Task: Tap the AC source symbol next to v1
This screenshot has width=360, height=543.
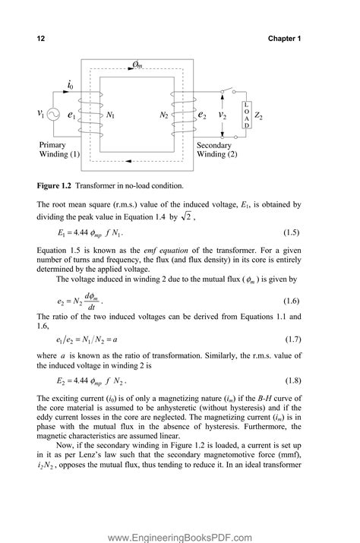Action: (55, 114)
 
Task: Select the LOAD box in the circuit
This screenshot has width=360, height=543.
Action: (246, 115)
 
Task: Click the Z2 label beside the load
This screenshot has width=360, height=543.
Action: (261, 115)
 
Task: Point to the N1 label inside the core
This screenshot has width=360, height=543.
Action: (111, 115)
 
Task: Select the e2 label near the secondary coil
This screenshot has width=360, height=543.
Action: (202, 115)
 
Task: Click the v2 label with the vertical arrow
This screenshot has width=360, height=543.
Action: (222, 115)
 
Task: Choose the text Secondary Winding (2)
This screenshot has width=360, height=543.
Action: (217, 150)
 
